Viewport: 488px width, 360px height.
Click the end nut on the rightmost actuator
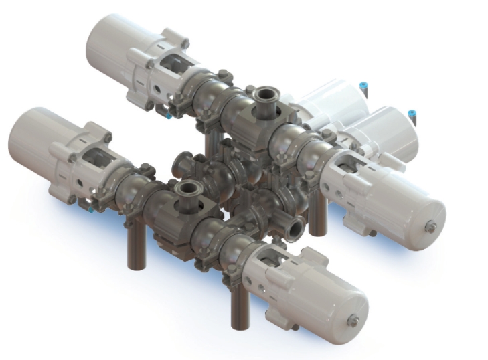[431, 228]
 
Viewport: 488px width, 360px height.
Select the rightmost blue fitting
[411, 118]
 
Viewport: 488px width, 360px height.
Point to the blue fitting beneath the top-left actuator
[168, 115]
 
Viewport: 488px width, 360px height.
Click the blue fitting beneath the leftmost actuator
[90, 210]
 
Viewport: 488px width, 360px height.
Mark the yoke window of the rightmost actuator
[348, 163]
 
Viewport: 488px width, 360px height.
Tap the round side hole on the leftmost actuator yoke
[80, 183]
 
